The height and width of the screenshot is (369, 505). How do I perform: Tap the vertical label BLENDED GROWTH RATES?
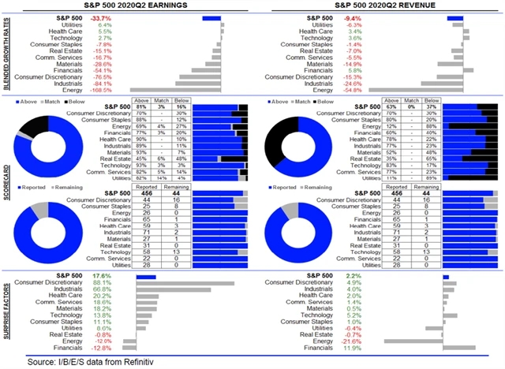(7, 54)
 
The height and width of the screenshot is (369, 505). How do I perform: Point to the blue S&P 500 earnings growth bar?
(211, 17)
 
